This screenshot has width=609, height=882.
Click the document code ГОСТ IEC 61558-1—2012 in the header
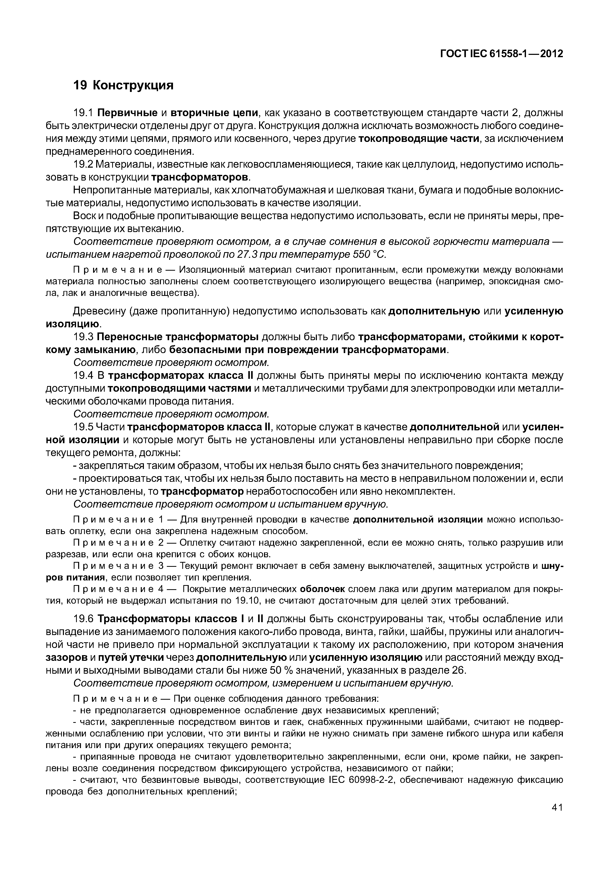pyautogui.click(x=502, y=54)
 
